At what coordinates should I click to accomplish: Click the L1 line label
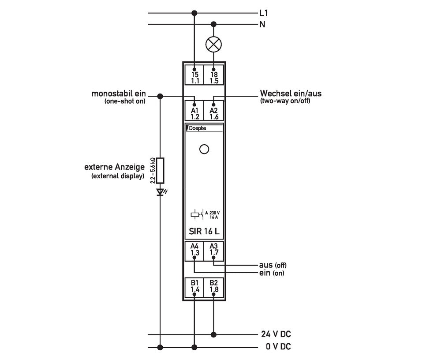click(x=264, y=13)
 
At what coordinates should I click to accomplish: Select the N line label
click(x=262, y=24)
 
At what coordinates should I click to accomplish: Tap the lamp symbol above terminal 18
click(x=214, y=44)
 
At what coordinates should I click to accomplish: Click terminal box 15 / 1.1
click(x=195, y=75)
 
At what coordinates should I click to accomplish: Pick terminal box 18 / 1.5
click(x=214, y=75)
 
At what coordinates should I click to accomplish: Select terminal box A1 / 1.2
click(x=195, y=110)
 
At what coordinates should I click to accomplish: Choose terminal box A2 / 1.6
click(x=214, y=110)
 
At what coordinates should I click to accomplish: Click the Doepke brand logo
click(x=198, y=128)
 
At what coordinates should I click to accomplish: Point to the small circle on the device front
click(x=204, y=149)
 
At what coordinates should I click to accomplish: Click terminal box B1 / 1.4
click(x=195, y=286)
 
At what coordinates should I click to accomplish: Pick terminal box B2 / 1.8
click(x=214, y=286)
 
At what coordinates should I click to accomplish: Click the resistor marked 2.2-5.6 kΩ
click(x=160, y=170)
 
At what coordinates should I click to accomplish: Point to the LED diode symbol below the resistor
click(x=161, y=192)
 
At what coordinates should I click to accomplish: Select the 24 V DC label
click(x=278, y=334)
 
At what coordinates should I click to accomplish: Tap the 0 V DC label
click(x=278, y=347)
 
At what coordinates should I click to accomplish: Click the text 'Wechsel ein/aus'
click(x=291, y=94)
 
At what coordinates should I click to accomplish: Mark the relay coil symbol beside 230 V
click(x=194, y=215)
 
